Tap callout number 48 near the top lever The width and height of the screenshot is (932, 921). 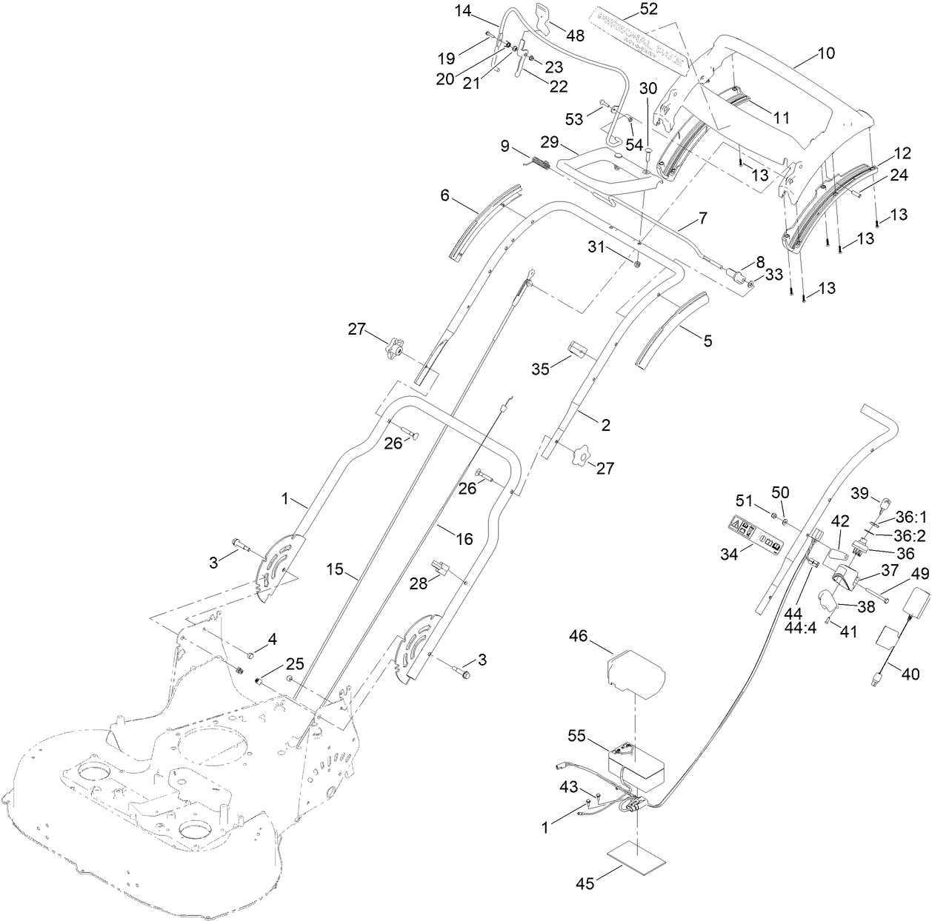574,36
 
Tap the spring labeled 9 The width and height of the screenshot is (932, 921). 537,163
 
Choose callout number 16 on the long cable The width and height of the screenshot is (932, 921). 464,539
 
